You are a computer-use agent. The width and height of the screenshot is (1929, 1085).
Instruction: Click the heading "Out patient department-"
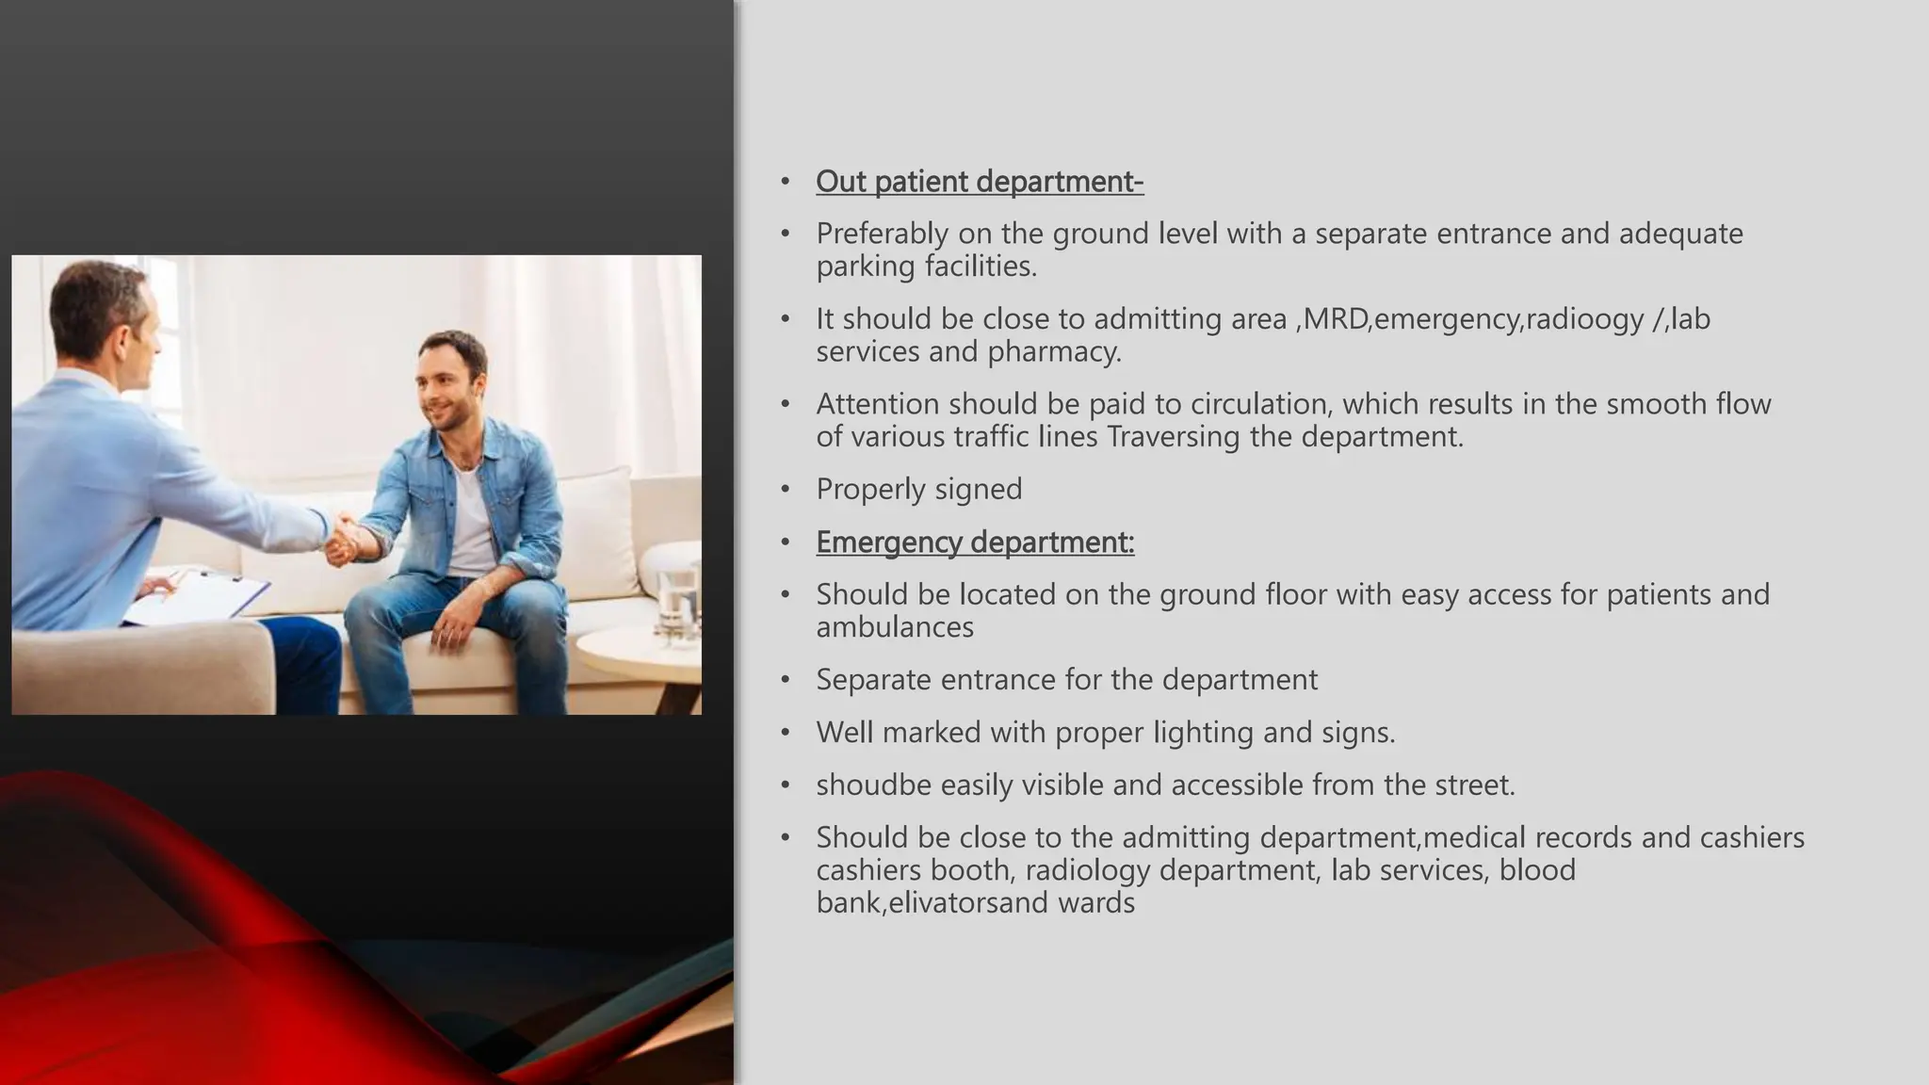[980, 182]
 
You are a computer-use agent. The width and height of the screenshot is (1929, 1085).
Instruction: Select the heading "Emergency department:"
[975, 542]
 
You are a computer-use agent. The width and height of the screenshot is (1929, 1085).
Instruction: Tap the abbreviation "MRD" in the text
[1337, 319]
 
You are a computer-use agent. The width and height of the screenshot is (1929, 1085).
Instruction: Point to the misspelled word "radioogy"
[1584, 319]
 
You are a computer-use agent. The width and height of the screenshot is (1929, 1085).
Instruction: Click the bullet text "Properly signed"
[918, 490]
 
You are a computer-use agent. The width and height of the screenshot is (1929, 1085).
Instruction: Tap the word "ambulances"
[895, 627]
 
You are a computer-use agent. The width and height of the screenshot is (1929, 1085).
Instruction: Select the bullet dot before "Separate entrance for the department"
[786, 680]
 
